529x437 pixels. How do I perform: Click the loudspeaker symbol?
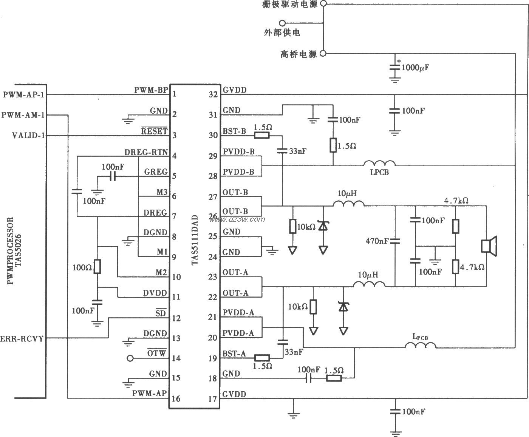[x=489, y=246]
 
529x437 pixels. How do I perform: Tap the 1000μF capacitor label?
[x=415, y=68]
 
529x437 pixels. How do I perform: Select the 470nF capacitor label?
[x=377, y=241]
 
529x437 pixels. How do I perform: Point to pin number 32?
[x=214, y=94]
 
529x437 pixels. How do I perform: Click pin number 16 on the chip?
[x=176, y=398]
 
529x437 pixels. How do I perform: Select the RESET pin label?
[x=154, y=131]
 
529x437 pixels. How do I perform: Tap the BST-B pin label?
[x=234, y=131]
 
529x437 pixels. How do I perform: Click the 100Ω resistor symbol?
[x=97, y=266]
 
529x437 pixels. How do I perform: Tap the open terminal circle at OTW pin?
[x=130, y=358]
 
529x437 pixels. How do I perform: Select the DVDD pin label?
[x=155, y=293]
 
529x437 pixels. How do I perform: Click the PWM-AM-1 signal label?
[x=23, y=115]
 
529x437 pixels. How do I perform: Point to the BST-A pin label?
[x=234, y=354]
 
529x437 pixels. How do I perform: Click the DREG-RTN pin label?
[x=146, y=152]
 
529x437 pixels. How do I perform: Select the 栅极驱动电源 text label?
[x=290, y=5]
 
